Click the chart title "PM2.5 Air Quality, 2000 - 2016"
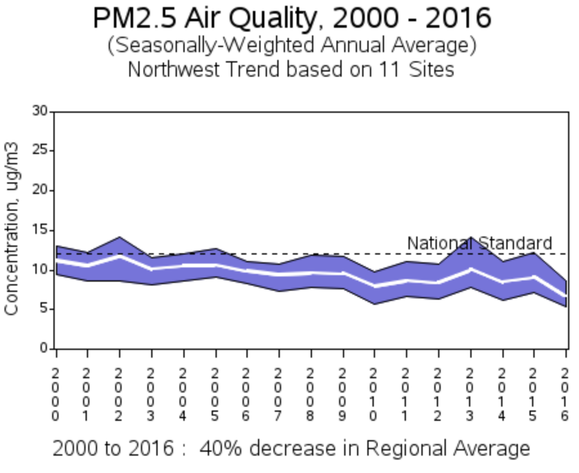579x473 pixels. pos(291,18)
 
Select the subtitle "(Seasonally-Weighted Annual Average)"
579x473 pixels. pos(291,46)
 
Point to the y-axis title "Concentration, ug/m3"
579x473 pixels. pos(12,229)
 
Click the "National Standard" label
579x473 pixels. pos(479,243)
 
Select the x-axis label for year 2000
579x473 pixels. pos(56,394)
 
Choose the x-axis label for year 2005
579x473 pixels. pos(215,394)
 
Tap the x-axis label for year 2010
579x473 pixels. pos(374,394)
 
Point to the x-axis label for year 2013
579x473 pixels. pos(470,394)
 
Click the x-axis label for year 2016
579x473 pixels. pos(565,394)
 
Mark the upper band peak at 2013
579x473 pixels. pos(471,238)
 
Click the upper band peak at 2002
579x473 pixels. pos(119,238)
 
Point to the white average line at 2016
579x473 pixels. pos(565,296)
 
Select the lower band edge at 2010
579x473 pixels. pos(374,304)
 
